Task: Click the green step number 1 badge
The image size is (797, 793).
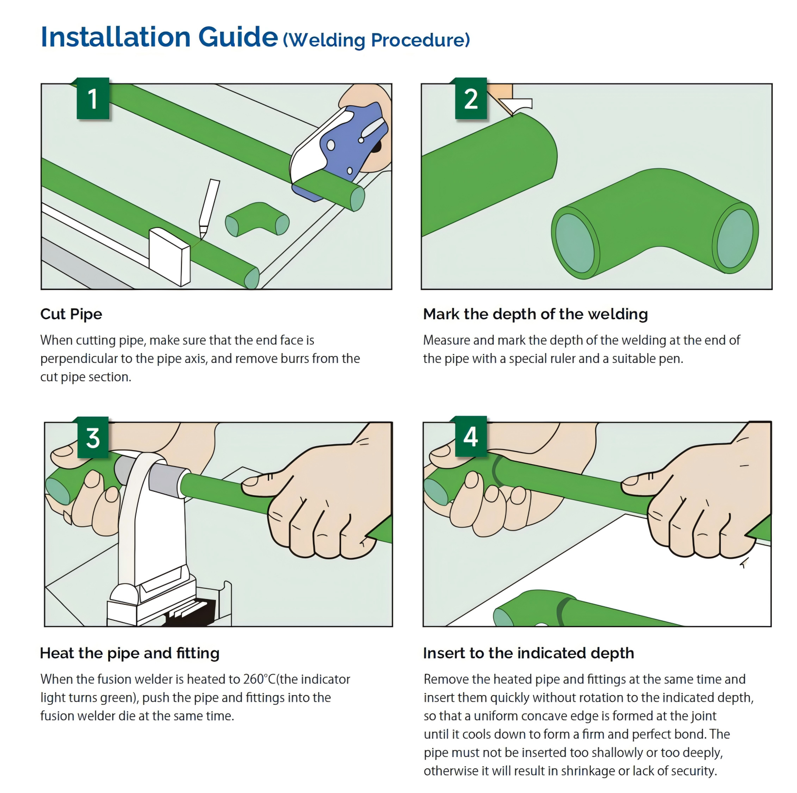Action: tap(93, 98)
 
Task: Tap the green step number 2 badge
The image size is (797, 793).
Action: tap(471, 98)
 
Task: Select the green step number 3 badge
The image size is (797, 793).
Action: tap(93, 437)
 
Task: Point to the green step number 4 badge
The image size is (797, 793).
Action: tap(471, 437)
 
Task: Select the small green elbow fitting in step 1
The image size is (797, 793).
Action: tap(257, 219)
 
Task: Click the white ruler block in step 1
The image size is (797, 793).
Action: tap(169, 257)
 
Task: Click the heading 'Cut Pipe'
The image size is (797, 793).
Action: tap(71, 314)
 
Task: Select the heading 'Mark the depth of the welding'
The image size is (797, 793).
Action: tap(536, 314)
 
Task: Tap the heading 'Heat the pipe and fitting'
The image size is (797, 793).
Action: tap(130, 653)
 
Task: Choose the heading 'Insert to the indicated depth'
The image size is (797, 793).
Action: tap(529, 653)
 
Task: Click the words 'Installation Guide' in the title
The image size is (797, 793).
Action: tap(159, 37)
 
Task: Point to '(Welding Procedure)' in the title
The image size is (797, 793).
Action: tap(376, 40)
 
